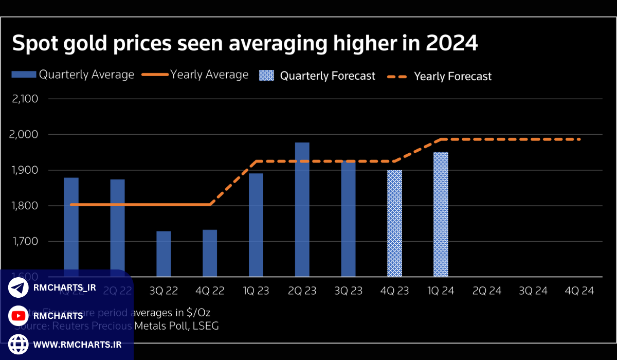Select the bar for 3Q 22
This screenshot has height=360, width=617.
click(164, 254)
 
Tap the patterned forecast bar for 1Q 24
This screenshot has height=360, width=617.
click(441, 214)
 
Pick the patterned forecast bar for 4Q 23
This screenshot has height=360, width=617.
click(394, 223)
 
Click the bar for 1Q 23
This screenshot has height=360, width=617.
click(256, 225)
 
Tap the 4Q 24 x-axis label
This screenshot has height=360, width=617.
click(579, 291)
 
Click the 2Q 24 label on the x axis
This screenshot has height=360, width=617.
click(487, 291)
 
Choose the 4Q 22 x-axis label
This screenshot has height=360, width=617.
click(210, 291)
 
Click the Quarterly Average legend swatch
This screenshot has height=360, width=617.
click(24, 75)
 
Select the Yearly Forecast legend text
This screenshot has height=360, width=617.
click(452, 77)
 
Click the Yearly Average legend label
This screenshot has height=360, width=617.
click(209, 75)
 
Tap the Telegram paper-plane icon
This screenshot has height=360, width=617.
click(19, 288)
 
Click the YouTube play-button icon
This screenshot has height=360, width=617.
click(19, 316)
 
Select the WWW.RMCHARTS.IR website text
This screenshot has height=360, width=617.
click(77, 345)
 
